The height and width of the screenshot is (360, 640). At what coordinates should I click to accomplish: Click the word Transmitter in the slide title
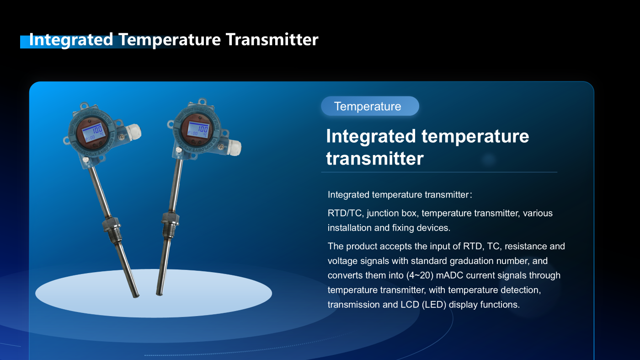click(272, 39)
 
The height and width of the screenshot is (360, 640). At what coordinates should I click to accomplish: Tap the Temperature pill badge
click(370, 106)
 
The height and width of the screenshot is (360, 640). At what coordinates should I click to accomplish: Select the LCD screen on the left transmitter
click(93, 132)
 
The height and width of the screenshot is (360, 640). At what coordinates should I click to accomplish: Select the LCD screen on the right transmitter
click(198, 129)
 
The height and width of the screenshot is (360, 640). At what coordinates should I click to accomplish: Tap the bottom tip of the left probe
click(136, 296)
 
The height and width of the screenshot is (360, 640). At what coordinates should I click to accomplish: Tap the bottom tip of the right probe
click(159, 294)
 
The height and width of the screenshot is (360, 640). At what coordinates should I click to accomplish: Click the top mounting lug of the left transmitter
click(84, 106)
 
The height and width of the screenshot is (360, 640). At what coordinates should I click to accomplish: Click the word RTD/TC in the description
click(346, 213)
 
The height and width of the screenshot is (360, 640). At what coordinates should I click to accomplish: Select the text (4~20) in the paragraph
click(420, 275)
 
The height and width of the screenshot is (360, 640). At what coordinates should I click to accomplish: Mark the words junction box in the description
click(392, 213)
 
